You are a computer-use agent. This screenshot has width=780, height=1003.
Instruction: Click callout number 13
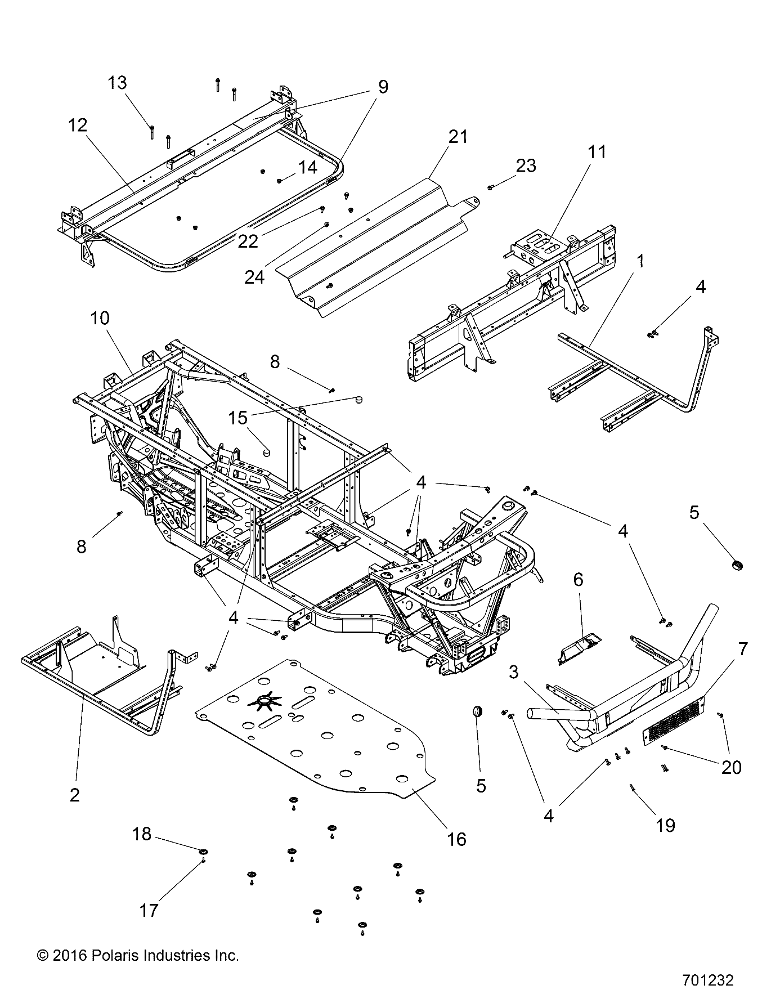[x=118, y=83]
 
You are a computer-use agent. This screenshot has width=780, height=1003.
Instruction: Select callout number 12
[x=78, y=125]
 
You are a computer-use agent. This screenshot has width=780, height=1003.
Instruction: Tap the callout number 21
[x=458, y=136]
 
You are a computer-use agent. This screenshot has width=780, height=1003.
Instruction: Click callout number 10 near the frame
[x=100, y=318]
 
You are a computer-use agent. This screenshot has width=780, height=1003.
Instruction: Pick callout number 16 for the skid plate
[x=456, y=839]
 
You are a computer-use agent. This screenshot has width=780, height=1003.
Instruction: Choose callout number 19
[x=666, y=825]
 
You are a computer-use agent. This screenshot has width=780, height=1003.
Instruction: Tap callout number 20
[x=731, y=767]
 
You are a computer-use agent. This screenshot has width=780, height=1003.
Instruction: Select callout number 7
[x=743, y=649]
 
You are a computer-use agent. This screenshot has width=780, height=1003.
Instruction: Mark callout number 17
[x=149, y=910]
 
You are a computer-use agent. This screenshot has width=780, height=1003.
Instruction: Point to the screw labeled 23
[x=491, y=186]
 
